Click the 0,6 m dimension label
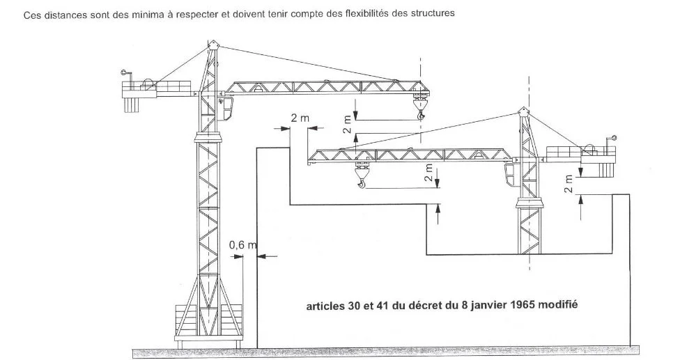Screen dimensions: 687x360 point(242,245)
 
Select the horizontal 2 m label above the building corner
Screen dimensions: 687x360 point(300,118)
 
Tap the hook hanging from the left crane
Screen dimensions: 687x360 point(419,114)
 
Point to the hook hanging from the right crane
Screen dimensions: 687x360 point(361,183)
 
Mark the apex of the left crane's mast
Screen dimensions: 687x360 point(213,45)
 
